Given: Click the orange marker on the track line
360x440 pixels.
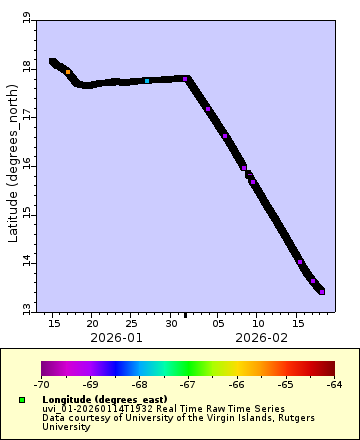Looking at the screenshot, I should tap(68, 72).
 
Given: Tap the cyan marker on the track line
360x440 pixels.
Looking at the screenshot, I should tap(147, 81).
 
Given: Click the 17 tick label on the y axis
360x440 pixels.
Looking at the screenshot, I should tap(26, 116).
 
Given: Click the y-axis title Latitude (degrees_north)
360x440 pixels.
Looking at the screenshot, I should tap(12, 165).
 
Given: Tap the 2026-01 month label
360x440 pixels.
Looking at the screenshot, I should tap(117, 338).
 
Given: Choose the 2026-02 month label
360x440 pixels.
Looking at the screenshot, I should tap(261, 338).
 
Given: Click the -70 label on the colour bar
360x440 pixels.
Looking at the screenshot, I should tap(42, 383).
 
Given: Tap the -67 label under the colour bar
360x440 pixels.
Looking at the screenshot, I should tap(188, 383).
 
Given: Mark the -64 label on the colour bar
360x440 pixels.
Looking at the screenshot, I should tap(334, 383).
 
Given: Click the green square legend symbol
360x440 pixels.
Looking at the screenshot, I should tap(21, 400).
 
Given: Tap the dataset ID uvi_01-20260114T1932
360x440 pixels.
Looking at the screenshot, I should tap(93, 408).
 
